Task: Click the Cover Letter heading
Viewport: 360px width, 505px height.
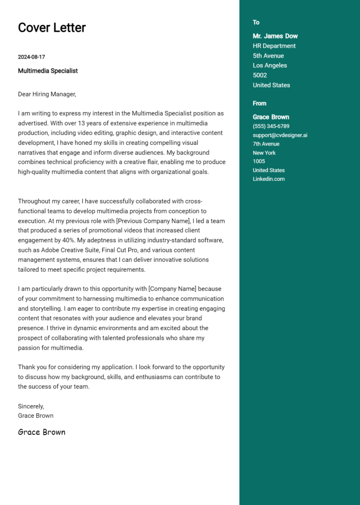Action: coord(52,28)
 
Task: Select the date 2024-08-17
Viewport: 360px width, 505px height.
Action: coord(31,57)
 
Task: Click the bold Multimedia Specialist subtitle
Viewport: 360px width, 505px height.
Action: coord(48,71)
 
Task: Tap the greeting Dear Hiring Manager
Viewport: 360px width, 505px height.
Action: coord(47,94)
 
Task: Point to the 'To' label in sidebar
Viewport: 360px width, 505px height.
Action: coord(256,22)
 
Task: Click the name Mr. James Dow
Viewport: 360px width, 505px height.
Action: coord(275,36)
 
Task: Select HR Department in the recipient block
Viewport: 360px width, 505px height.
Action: coord(274,46)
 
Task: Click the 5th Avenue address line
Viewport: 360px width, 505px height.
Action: coord(268,56)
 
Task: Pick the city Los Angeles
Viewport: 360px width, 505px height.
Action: coord(270,66)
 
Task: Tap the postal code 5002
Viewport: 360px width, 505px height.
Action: coord(260,75)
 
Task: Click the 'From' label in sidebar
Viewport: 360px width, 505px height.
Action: coord(259,104)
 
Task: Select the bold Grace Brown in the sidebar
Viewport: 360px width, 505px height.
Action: coord(271,117)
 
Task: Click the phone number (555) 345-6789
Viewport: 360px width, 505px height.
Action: coord(271,126)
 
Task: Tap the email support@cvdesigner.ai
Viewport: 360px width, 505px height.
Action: coord(280,135)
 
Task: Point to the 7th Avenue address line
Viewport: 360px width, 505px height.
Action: coord(266,144)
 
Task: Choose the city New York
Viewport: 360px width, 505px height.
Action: coord(264,153)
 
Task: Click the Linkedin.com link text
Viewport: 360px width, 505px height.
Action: coord(269,179)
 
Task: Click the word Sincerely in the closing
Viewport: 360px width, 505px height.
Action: coord(31,406)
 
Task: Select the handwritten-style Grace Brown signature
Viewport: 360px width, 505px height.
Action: coord(42,432)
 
